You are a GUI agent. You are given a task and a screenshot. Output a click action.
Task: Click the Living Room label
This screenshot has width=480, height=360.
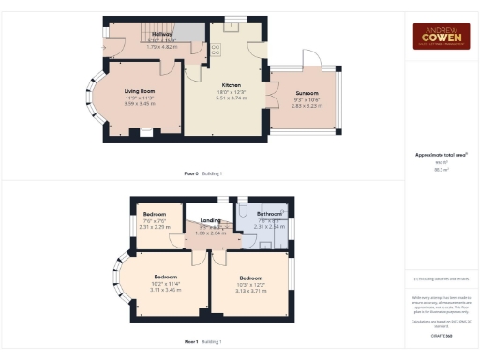tap(140, 90)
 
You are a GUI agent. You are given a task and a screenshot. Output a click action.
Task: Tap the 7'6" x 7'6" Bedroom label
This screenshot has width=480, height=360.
tap(154, 215)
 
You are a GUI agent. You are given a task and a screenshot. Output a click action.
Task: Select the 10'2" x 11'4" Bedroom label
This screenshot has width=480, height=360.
tap(166, 277)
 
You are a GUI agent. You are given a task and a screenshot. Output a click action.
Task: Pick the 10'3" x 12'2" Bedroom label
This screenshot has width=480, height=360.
tap(250, 278)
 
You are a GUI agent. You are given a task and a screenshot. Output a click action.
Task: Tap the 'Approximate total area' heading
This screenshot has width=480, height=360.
tap(441, 154)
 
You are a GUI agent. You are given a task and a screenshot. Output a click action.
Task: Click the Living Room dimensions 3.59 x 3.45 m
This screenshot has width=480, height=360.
tap(140, 103)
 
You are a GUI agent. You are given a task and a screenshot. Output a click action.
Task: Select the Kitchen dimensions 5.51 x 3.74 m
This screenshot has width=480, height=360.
tap(230, 97)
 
